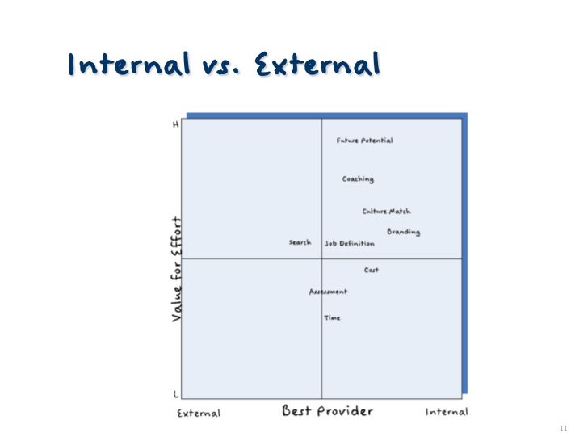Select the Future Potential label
(x=364, y=141)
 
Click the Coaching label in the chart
(x=358, y=179)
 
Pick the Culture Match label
(x=386, y=212)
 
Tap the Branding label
(x=403, y=232)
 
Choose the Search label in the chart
(x=300, y=242)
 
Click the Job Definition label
(x=350, y=243)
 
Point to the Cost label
(x=371, y=270)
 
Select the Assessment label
(x=328, y=292)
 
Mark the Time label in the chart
(x=332, y=317)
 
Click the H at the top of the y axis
(x=175, y=124)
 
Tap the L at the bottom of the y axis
(x=175, y=394)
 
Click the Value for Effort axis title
(x=178, y=270)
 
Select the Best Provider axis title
(x=327, y=411)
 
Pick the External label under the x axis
(x=198, y=414)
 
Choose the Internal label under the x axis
(x=447, y=412)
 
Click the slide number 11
(x=563, y=428)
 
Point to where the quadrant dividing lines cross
(x=321, y=258)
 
